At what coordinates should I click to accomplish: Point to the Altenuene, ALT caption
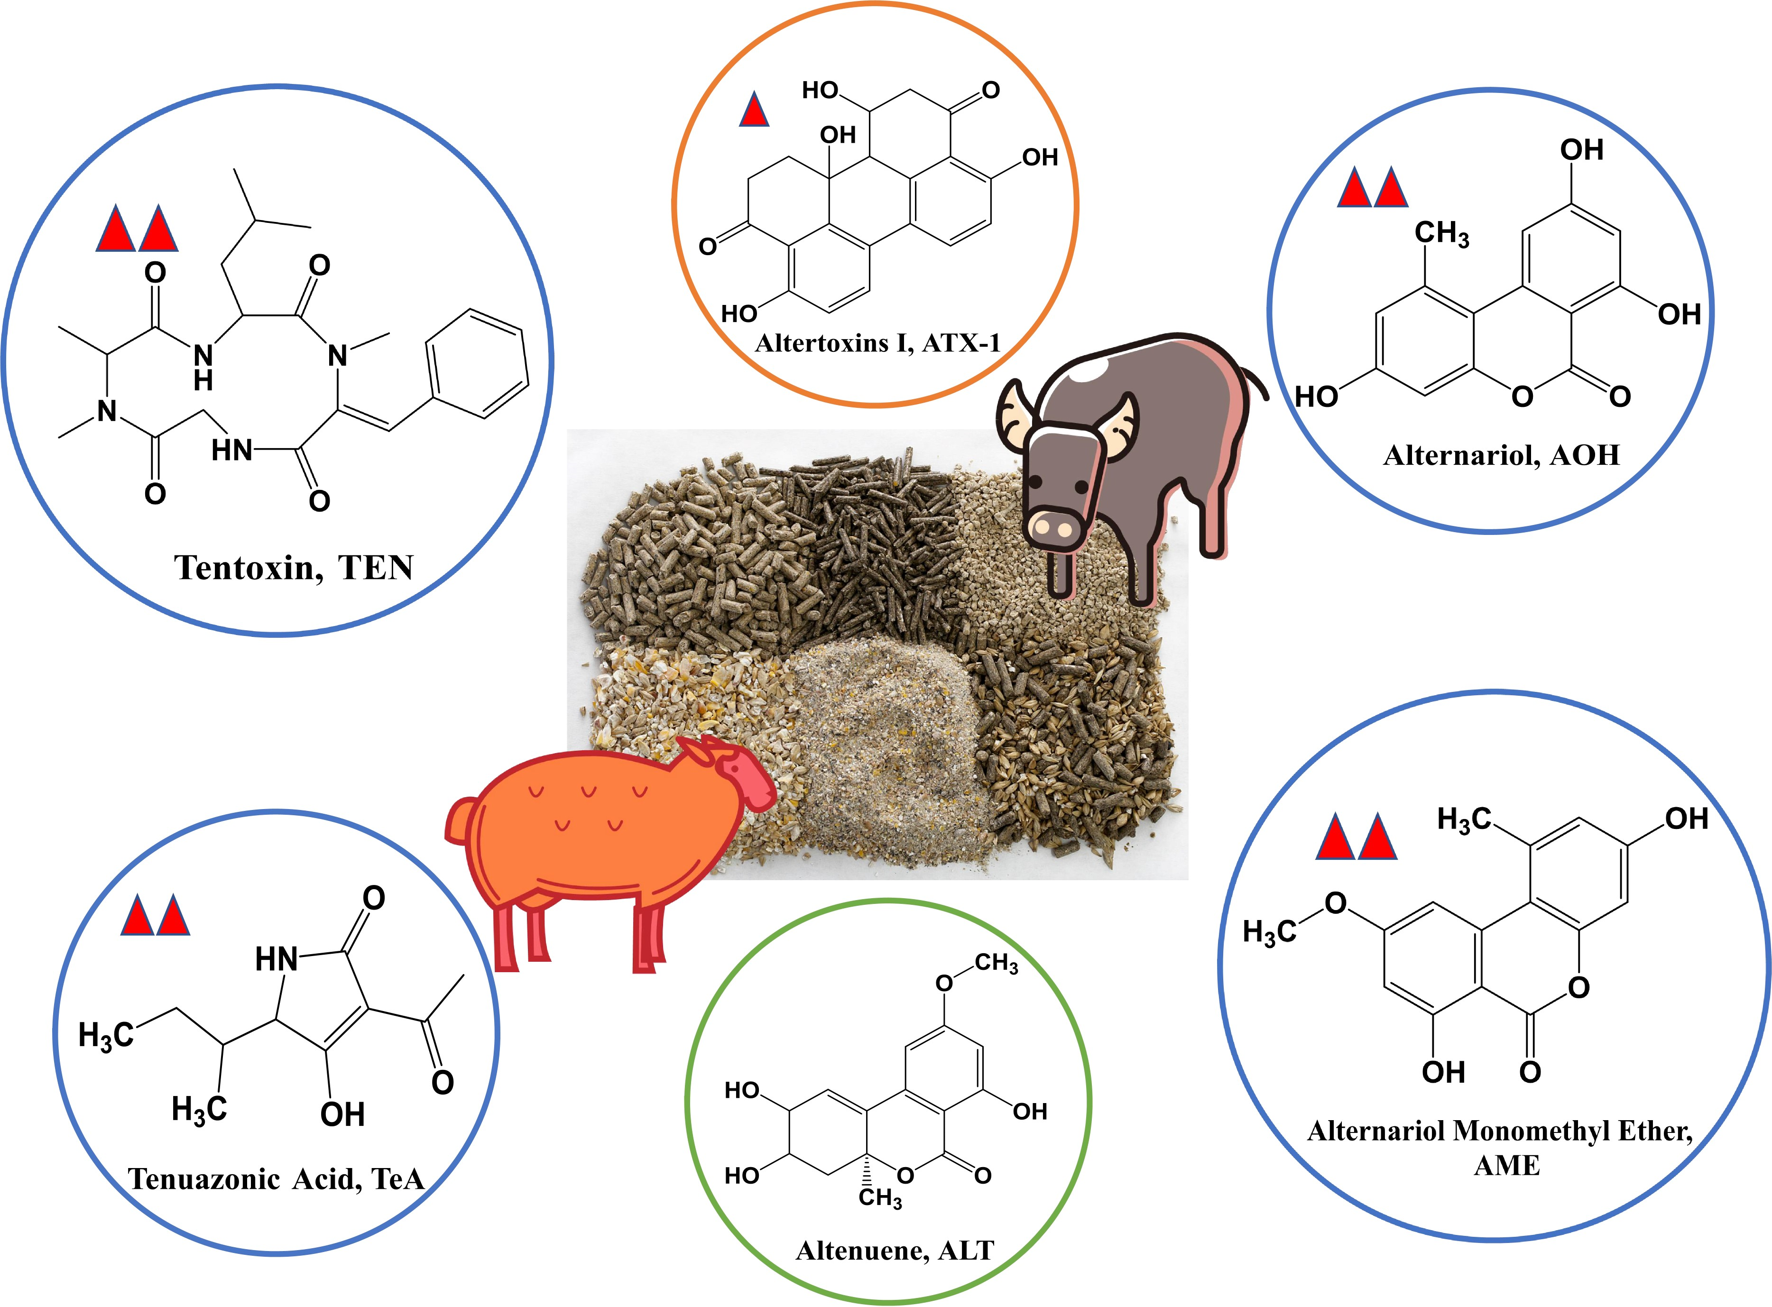(x=895, y=1250)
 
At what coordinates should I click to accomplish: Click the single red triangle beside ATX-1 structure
(x=754, y=111)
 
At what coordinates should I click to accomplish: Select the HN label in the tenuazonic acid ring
(x=276, y=960)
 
